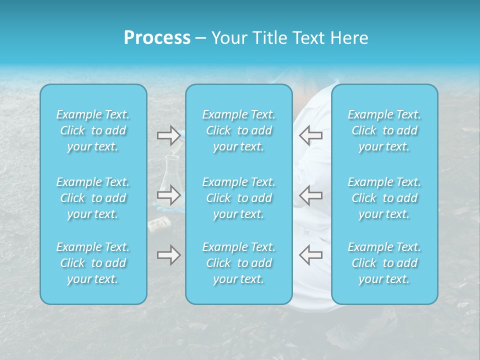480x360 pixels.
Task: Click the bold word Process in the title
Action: coord(157,38)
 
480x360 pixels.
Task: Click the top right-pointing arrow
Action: coord(168,134)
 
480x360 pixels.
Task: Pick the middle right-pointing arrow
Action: coord(168,195)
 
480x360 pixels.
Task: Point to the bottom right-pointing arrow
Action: coord(168,255)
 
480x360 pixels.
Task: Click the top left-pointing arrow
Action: coord(311,134)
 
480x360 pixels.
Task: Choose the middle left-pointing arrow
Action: coord(311,195)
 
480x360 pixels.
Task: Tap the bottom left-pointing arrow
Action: coord(311,255)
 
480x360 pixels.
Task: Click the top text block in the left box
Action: coord(93,130)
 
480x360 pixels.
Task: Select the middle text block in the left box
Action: coord(93,198)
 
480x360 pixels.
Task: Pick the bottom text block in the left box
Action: coord(93,263)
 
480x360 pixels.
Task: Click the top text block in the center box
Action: coord(239,130)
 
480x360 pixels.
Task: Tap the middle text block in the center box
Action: coord(239,198)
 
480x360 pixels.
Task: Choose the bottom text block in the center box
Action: coord(239,263)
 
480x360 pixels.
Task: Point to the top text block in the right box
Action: coord(384,130)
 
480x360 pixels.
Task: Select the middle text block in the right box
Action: coord(384,198)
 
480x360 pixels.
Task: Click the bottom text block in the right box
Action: coord(384,263)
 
